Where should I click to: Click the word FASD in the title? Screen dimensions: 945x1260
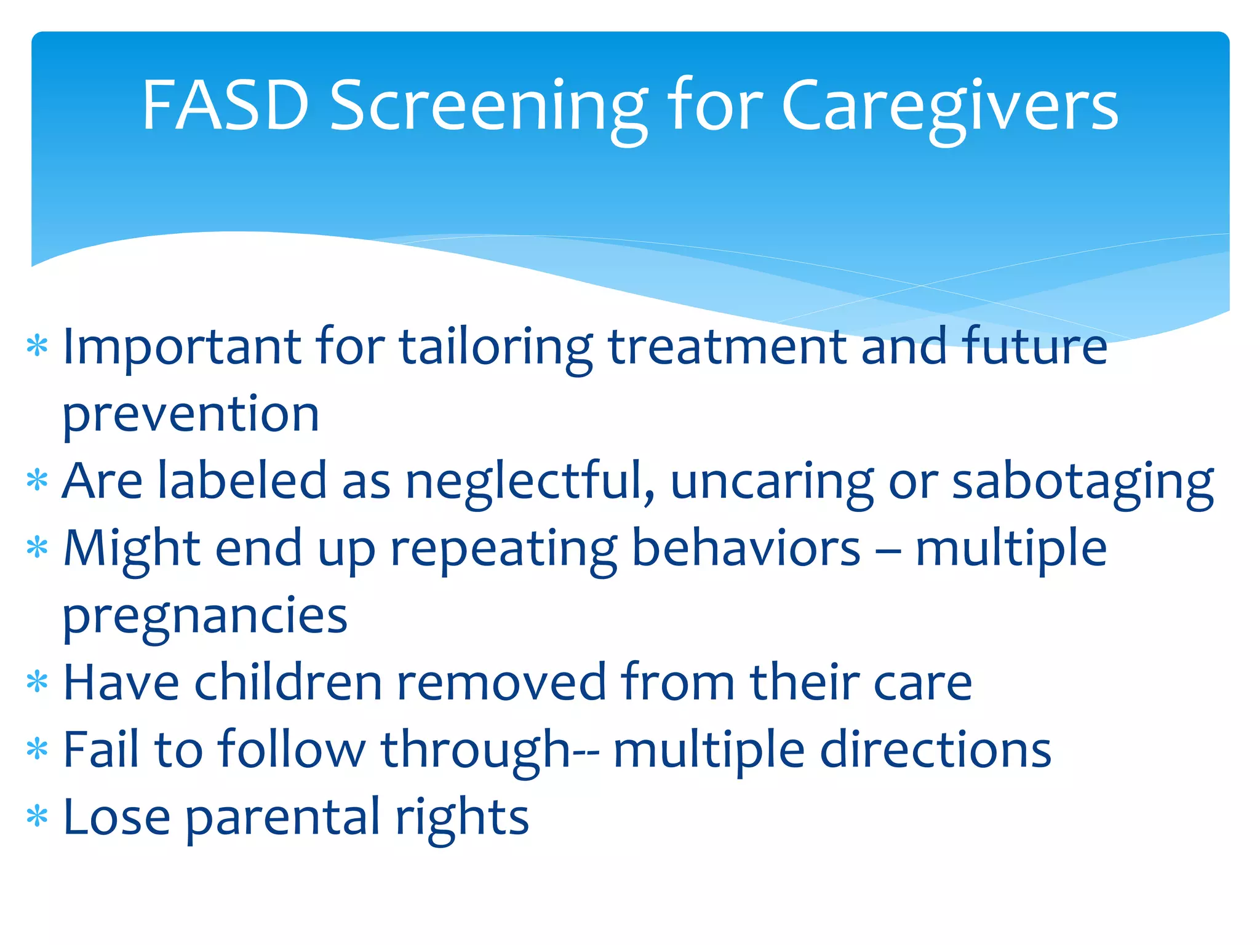[x=225, y=106]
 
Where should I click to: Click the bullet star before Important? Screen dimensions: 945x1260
[x=38, y=346]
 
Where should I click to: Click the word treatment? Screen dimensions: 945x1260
[x=728, y=346]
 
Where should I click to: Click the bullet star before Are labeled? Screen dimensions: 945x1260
[x=38, y=480]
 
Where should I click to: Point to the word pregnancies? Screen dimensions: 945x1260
[x=205, y=616]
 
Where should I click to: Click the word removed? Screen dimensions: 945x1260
[x=501, y=682]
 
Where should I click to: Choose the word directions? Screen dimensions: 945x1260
[x=935, y=750]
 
